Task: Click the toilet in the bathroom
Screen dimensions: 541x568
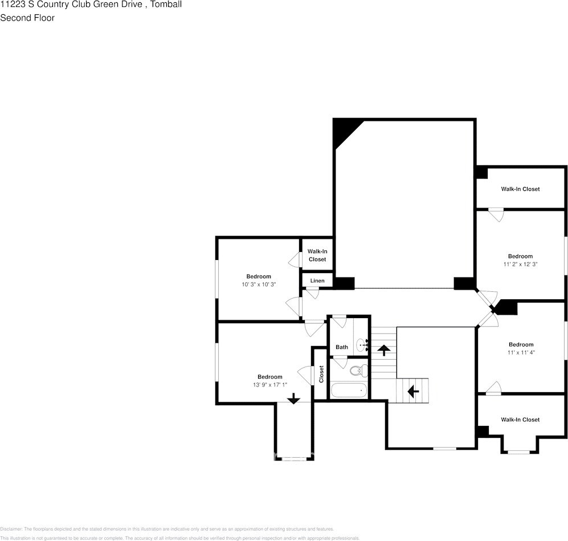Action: coord(356,371)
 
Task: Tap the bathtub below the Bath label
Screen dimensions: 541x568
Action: coord(349,391)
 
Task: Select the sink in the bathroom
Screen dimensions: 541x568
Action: coord(362,345)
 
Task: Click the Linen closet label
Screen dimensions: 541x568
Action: coord(317,280)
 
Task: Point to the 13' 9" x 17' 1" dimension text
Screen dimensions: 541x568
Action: coord(269,385)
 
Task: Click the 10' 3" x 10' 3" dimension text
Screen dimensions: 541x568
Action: coord(259,284)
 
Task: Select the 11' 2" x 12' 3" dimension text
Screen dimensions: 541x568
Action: coord(520,265)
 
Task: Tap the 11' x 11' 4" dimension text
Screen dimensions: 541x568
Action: coord(521,352)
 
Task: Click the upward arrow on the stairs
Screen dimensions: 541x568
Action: coord(384,350)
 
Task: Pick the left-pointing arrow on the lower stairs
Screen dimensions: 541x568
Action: coord(412,392)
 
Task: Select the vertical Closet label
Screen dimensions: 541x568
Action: coord(321,374)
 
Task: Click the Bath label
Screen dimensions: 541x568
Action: coord(342,347)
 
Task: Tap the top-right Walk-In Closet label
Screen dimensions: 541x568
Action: coord(520,189)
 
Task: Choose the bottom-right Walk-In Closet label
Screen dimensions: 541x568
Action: coord(520,420)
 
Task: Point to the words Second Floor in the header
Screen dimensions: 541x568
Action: coord(27,18)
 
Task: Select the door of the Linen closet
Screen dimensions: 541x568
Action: coord(312,293)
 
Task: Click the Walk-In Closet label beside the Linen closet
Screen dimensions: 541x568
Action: coord(317,255)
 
